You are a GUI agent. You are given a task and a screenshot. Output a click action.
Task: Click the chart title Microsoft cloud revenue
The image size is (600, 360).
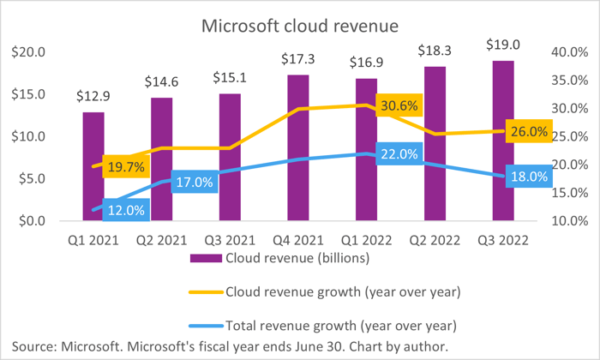pyautogui.click(x=299, y=26)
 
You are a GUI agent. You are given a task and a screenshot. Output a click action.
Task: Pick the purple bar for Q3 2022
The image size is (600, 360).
pyautogui.click(x=503, y=141)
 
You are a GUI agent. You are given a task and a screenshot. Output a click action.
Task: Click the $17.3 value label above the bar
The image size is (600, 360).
pyautogui.click(x=297, y=59)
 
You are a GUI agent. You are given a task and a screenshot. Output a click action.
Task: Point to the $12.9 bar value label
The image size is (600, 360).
pyautogui.click(x=93, y=97)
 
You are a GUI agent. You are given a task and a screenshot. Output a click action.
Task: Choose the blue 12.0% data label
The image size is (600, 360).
pyautogui.click(x=125, y=209)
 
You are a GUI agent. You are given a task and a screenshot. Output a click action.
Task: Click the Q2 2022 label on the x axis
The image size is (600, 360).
pyautogui.click(x=435, y=241)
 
